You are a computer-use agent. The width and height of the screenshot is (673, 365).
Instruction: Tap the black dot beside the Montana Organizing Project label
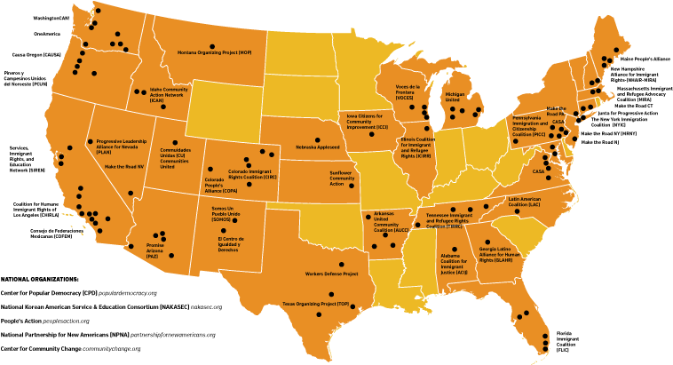[x=211, y=46]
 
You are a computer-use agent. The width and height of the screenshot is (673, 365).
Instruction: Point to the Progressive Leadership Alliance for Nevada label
[x=122, y=147]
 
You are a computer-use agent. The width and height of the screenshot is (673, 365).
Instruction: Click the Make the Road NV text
[x=124, y=166]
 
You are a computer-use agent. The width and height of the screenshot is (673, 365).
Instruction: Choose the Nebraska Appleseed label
[x=318, y=147]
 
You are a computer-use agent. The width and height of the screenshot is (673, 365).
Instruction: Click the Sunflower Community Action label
[x=342, y=179]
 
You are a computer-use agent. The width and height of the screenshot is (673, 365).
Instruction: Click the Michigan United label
[x=454, y=97]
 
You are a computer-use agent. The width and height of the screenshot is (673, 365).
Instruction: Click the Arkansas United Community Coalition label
[x=386, y=222]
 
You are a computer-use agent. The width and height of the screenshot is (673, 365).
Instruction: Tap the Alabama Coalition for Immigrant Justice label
[x=454, y=263]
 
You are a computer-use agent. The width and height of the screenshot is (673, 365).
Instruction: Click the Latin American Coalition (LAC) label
[x=530, y=202]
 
